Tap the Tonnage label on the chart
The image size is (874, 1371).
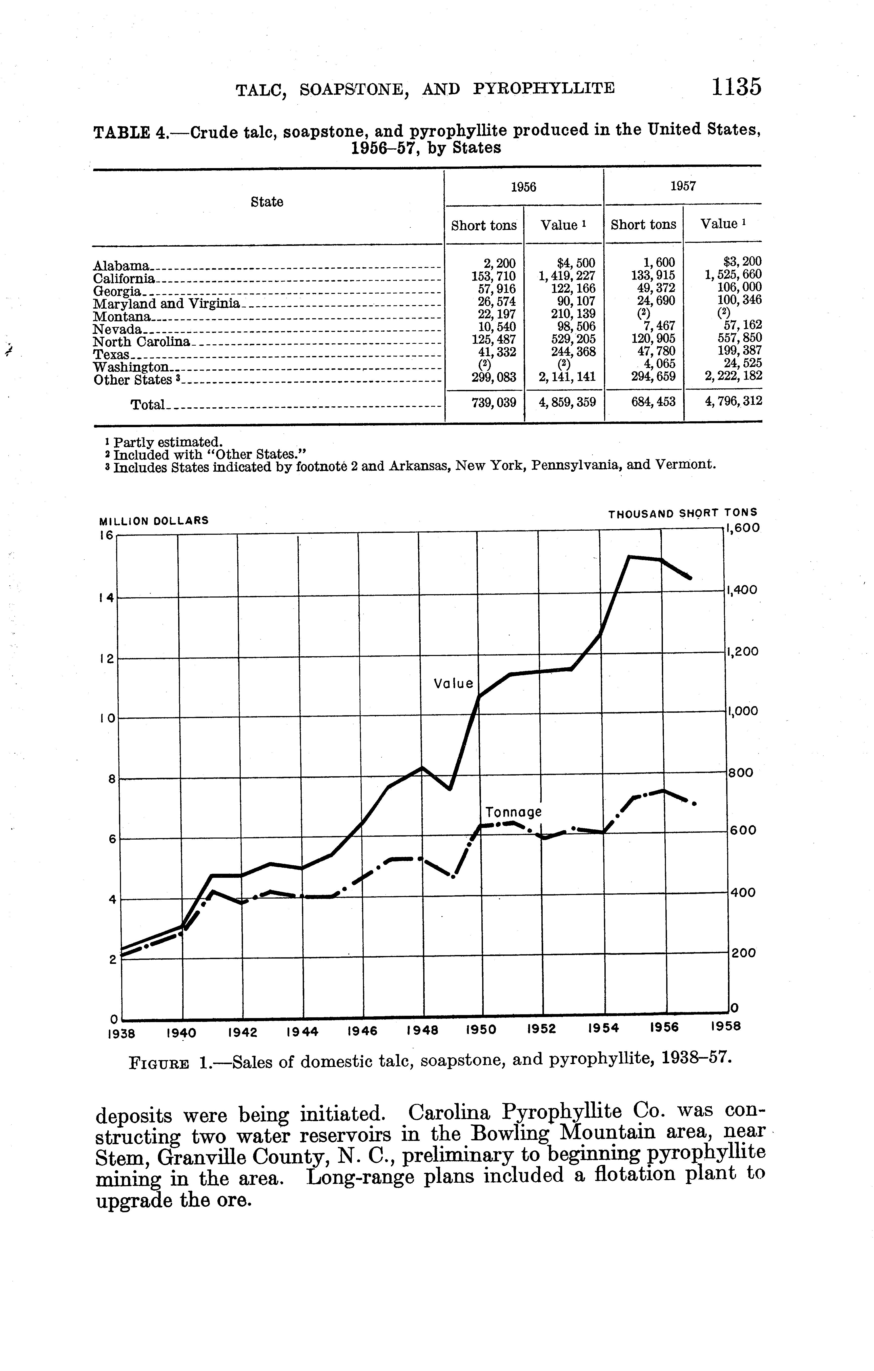[x=513, y=812]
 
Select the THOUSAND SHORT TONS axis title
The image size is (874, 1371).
[x=683, y=513]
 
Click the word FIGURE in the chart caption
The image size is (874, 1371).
[x=159, y=1063]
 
